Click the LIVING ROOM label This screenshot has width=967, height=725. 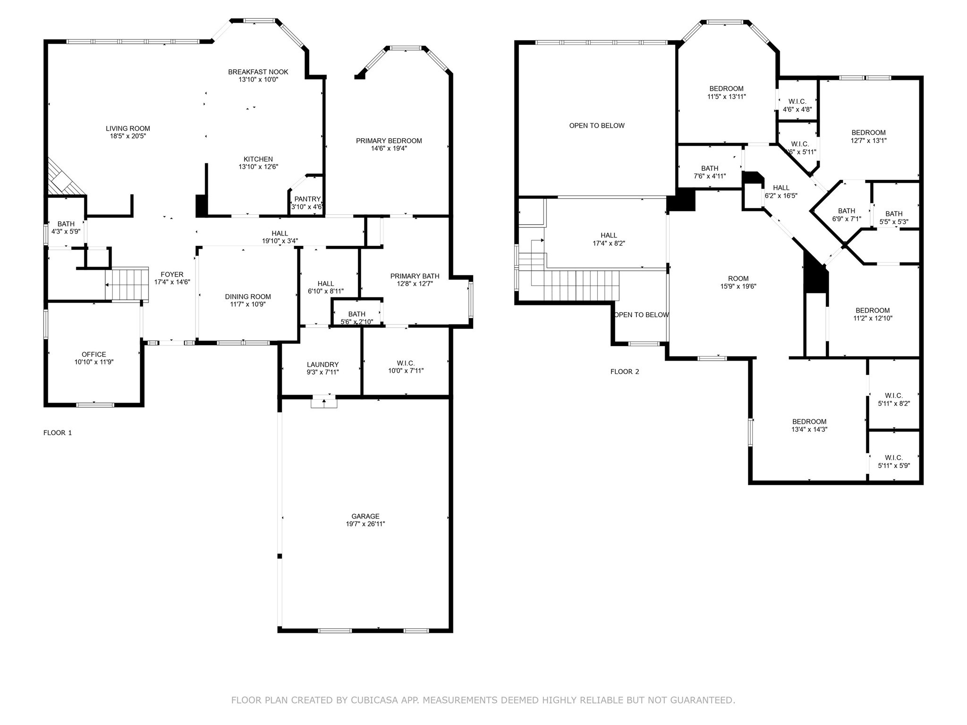128,128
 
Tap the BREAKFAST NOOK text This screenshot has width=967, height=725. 258,72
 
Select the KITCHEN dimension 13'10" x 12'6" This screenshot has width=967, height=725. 258,167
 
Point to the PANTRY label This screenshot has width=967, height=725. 307,199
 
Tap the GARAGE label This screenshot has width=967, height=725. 365,516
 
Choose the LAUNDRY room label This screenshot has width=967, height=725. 323,364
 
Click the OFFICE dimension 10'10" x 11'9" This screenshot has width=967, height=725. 94,362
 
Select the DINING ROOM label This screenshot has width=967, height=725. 248,297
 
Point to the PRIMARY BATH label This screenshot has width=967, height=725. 415,276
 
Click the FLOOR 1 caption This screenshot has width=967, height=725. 58,433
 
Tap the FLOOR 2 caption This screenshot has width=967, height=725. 625,371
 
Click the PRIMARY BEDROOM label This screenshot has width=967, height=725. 389,141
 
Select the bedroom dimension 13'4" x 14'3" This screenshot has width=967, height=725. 810,430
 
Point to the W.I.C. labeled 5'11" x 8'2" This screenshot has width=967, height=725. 894,399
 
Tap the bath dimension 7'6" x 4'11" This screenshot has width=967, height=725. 710,176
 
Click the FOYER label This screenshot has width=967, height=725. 172,275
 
